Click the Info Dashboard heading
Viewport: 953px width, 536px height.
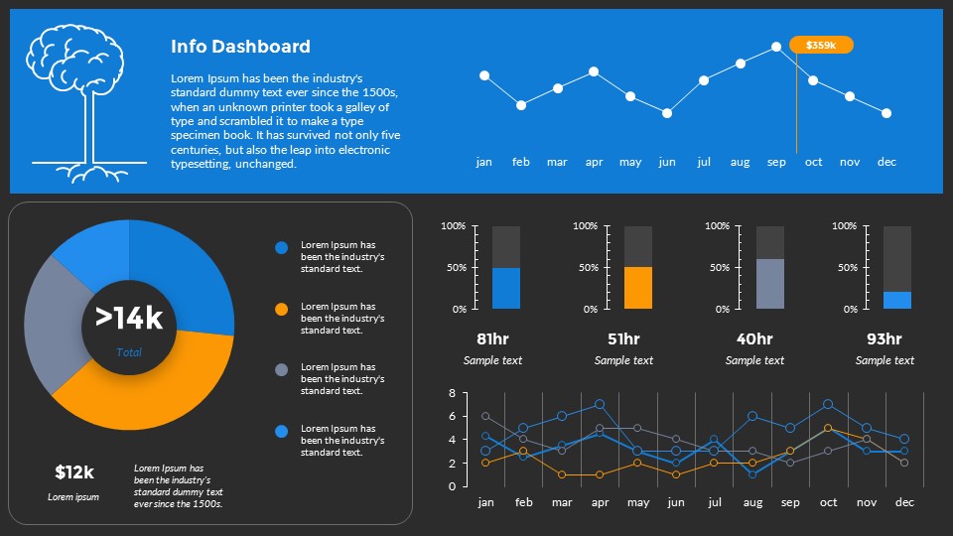coord(240,47)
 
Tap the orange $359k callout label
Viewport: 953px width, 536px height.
coord(821,45)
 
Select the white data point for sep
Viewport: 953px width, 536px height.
coord(776,47)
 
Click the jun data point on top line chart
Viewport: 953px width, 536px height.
coord(667,113)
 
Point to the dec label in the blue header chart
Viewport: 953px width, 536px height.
coord(886,162)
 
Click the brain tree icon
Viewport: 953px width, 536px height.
coord(89,104)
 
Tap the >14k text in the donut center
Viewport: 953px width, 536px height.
coord(129,318)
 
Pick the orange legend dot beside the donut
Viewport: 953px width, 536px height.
coord(282,310)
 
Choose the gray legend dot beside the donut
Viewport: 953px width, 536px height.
coord(282,370)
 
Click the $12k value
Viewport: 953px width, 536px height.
coord(73,472)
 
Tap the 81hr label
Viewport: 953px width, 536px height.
coord(492,339)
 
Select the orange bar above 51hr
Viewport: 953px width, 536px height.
coord(638,288)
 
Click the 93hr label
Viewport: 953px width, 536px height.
coord(885,339)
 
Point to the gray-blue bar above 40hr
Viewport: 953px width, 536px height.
coord(770,284)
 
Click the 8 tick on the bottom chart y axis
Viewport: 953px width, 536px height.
coord(452,393)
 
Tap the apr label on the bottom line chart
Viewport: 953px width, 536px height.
coord(600,502)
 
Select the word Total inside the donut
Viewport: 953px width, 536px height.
coord(129,352)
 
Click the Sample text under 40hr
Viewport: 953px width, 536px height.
coord(754,360)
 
